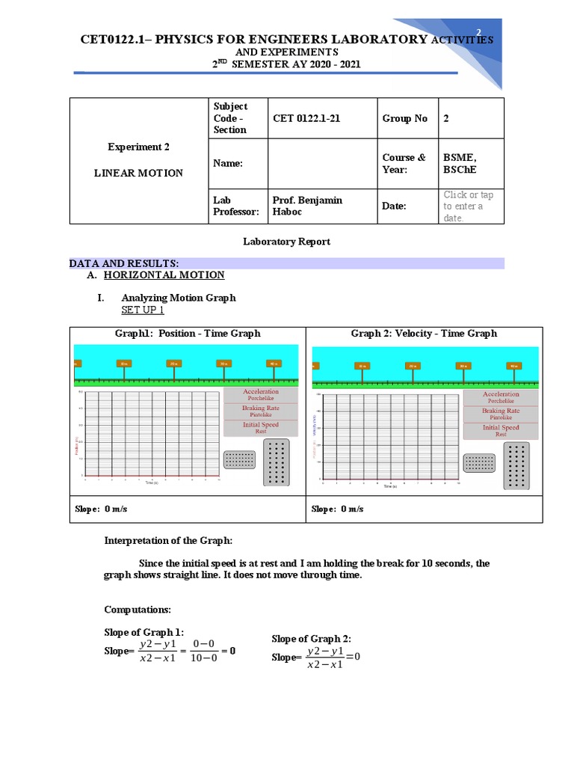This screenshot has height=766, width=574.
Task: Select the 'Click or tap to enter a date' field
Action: tap(469, 206)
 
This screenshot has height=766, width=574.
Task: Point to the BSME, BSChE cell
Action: tap(460, 163)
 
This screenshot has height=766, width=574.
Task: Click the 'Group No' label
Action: tap(404, 118)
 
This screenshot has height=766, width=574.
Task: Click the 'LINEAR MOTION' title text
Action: tap(138, 173)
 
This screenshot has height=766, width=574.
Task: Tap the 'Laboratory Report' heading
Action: tap(286, 242)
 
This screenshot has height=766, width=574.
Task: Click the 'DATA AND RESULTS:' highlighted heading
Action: tap(124, 263)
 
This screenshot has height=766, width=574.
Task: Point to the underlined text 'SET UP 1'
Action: tap(143, 310)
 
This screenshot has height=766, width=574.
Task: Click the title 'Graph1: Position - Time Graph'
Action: tap(187, 334)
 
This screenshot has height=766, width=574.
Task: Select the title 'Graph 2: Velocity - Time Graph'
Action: tap(424, 334)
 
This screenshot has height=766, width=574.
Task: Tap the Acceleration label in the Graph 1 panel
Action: tap(261, 392)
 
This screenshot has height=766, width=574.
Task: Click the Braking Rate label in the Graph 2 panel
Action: tap(500, 411)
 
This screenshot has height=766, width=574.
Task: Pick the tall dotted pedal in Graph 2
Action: tap(516, 466)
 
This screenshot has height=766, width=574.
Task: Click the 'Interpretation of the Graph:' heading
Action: tap(168, 541)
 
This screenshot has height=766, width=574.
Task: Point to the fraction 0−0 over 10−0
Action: tap(203, 651)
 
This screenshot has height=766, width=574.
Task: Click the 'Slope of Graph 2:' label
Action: tap(311, 638)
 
